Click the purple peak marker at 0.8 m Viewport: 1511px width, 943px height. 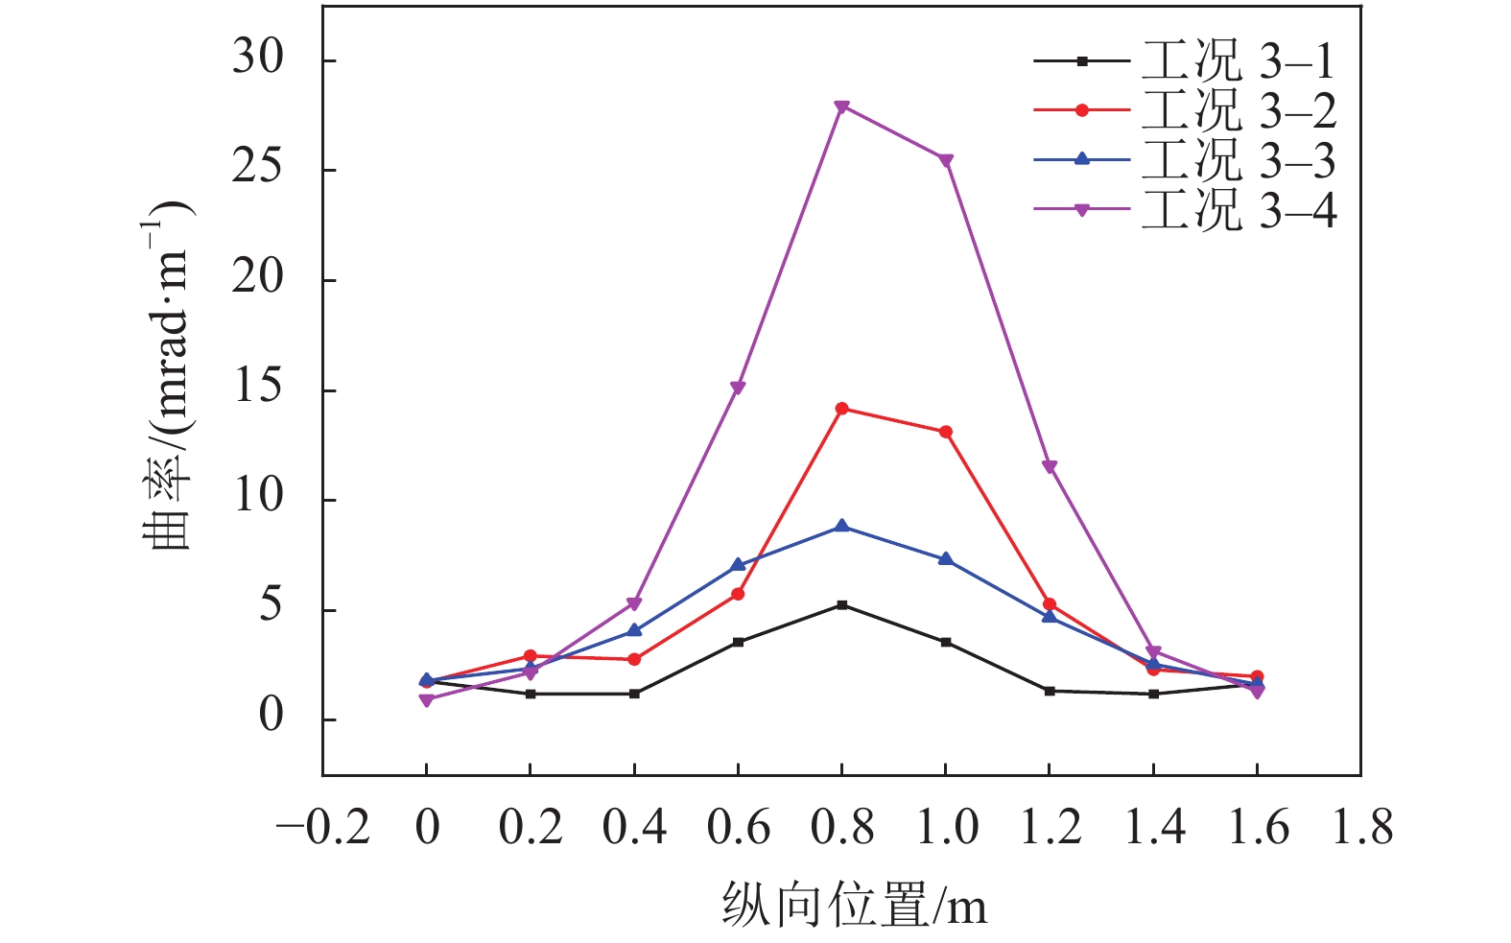click(x=841, y=106)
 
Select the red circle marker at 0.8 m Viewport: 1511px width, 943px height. click(x=841, y=409)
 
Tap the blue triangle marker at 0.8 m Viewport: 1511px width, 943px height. click(x=841, y=526)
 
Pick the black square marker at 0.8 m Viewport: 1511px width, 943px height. click(x=841, y=605)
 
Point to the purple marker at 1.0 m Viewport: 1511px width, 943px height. click(x=946, y=160)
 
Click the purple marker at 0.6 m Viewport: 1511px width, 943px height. click(x=738, y=389)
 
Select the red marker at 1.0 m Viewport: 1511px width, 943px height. click(x=946, y=433)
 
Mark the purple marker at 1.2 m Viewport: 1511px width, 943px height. click(x=1050, y=467)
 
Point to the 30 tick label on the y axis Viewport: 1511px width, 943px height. click(x=258, y=59)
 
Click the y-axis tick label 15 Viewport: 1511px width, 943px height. click(x=258, y=389)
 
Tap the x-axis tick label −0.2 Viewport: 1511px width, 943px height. click(x=323, y=827)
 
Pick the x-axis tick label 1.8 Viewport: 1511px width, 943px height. click(x=1362, y=827)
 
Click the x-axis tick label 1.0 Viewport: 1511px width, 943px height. click(x=947, y=827)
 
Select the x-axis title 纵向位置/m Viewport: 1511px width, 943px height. click(x=854, y=906)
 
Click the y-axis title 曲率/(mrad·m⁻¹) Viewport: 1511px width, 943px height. click(x=167, y=384)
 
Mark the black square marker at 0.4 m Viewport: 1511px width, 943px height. click(x=634, y=694)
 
